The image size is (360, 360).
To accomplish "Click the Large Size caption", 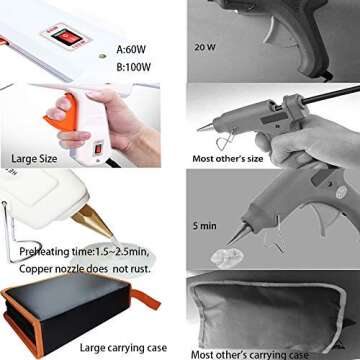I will click(x=38, y=157).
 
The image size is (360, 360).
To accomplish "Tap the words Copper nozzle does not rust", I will click(x=89, y=266).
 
